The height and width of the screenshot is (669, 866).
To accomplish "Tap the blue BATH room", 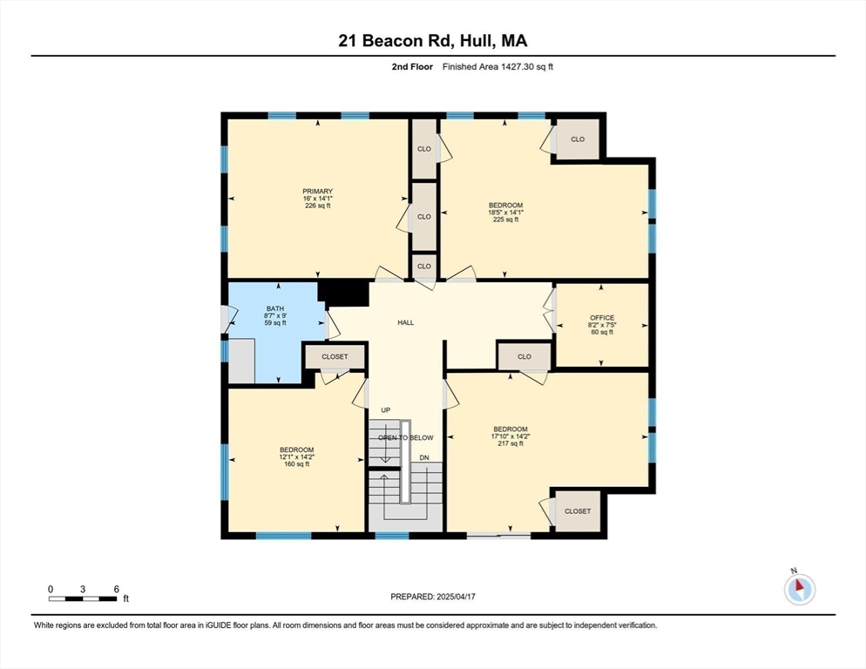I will click(x=275, y=315).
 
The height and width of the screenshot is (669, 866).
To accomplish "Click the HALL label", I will click(x=406, y=322).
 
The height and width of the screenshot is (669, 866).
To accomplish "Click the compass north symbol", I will click(x=798, y=589).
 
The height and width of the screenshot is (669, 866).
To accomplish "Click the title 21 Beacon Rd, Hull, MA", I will click(x=432, y=40).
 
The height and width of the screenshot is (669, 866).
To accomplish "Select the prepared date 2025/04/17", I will click(x=433, y=597).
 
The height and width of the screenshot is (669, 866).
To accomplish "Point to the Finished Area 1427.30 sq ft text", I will click(x=497, y=67).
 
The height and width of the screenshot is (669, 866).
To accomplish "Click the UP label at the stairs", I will click(x=385, y=410).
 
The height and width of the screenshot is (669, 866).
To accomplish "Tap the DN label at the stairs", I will click(x=424, y=457).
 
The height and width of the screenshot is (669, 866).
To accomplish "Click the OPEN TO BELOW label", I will click(x=405, y=437).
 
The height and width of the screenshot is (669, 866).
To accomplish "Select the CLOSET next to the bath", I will click(x=335, y=356).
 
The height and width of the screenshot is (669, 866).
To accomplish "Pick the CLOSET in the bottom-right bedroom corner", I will click(x=578, y=511).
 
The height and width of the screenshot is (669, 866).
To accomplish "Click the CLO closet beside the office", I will click(x=524, y=356).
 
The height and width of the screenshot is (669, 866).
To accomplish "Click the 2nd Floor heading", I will click(x=412, y=67).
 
